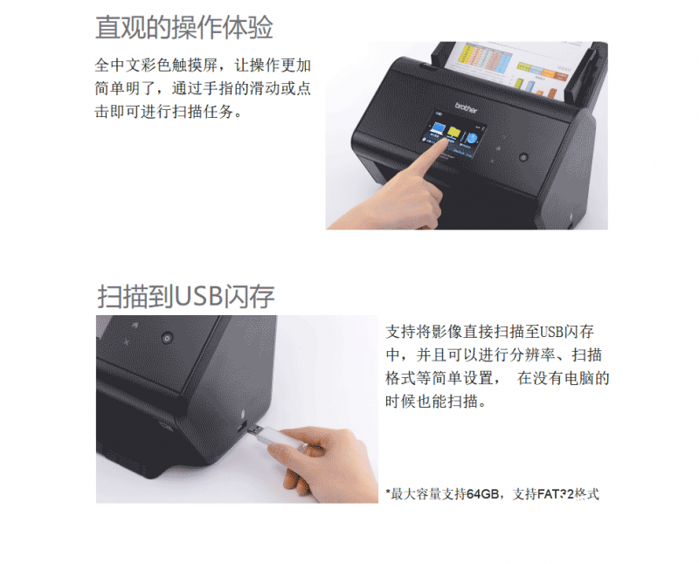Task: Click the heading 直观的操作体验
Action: (x=183, y=27)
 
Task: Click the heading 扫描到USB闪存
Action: (x=185, y=296)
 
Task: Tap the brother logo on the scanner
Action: (x=466, y=107)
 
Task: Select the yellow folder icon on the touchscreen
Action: (x=454, y=133)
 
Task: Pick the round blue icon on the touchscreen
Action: (x=472, y=137)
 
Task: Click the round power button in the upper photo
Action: (x=523, y=157)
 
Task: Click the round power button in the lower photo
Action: (x=167, y=338)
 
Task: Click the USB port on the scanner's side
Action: (x=241, y=429)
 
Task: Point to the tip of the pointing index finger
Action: (x=446, y=141)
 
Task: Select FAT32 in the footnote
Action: (x=556, y=494)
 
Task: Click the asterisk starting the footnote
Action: (x=388, y=492)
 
